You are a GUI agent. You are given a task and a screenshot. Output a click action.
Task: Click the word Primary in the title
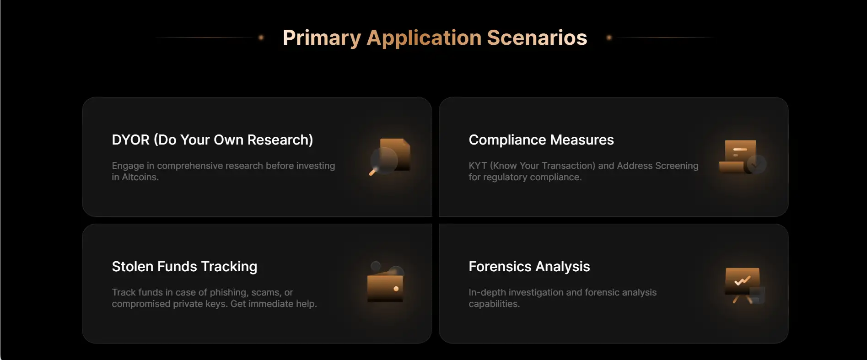(322, 38)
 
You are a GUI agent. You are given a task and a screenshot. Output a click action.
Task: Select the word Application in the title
(424, 38)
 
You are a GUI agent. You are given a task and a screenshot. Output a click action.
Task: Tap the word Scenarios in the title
(537, 38)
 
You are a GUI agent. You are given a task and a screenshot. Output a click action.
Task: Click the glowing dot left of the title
(261, 38)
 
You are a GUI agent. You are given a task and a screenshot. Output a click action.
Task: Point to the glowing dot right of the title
(609, 38)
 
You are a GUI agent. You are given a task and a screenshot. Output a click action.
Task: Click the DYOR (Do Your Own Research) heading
(212, 140)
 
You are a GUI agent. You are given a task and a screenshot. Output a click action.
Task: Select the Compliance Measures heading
(541, 140)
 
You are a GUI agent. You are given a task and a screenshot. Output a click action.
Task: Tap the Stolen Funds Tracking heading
(184, 266)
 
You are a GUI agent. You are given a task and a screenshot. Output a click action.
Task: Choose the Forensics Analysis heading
(529, 266)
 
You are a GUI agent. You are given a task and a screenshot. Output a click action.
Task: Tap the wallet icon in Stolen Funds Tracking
(385, 282)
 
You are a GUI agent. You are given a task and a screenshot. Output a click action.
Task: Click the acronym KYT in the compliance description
(478, 166)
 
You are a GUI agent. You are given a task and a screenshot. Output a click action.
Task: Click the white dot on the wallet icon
(396, 289)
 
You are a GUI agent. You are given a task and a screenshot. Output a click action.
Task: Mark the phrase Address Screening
(657, 166)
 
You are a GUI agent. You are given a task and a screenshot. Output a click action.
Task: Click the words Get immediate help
(274, 304)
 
